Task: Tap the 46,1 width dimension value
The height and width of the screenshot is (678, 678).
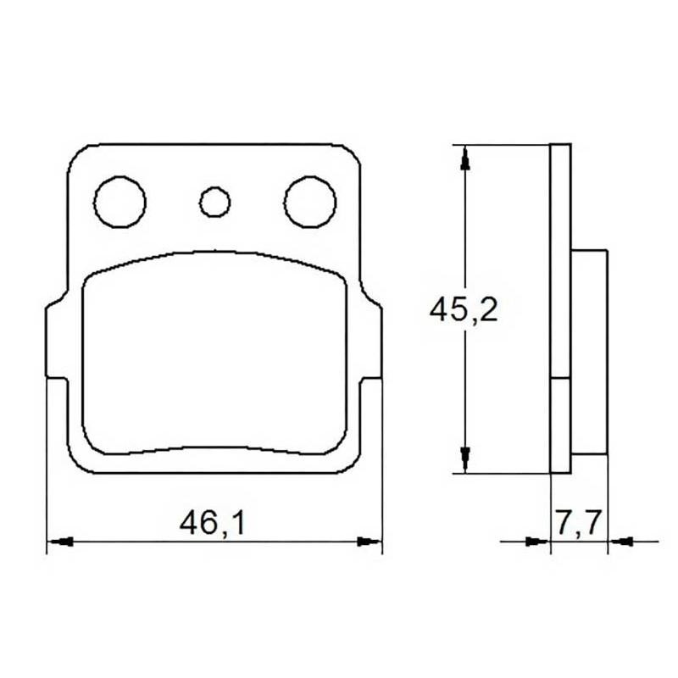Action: click(213, 523)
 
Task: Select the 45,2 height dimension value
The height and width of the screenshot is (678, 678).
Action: click(464, 308)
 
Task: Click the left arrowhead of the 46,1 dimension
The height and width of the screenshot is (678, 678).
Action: click(60, 541)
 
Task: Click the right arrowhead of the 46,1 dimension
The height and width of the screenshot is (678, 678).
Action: click(369, 541)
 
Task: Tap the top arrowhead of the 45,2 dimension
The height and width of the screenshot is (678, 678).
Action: click(465, 158)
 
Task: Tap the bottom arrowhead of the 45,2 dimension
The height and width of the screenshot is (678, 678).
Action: click(465, 460)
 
